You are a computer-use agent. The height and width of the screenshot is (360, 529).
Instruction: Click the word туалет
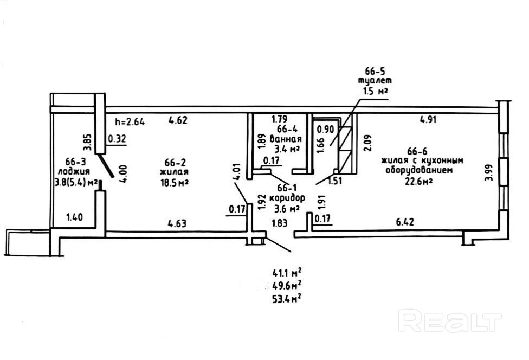coord(373,81)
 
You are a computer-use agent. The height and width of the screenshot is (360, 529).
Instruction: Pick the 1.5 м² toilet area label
coord(374,91)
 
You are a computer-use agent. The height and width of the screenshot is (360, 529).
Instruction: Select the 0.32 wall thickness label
coord(117,139)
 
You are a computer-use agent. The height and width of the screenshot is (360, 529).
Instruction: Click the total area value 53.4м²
coord(287,298)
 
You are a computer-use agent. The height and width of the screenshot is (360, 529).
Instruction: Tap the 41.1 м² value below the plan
coord(287,273)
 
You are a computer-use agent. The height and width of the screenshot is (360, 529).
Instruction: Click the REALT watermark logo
coord(449,321)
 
